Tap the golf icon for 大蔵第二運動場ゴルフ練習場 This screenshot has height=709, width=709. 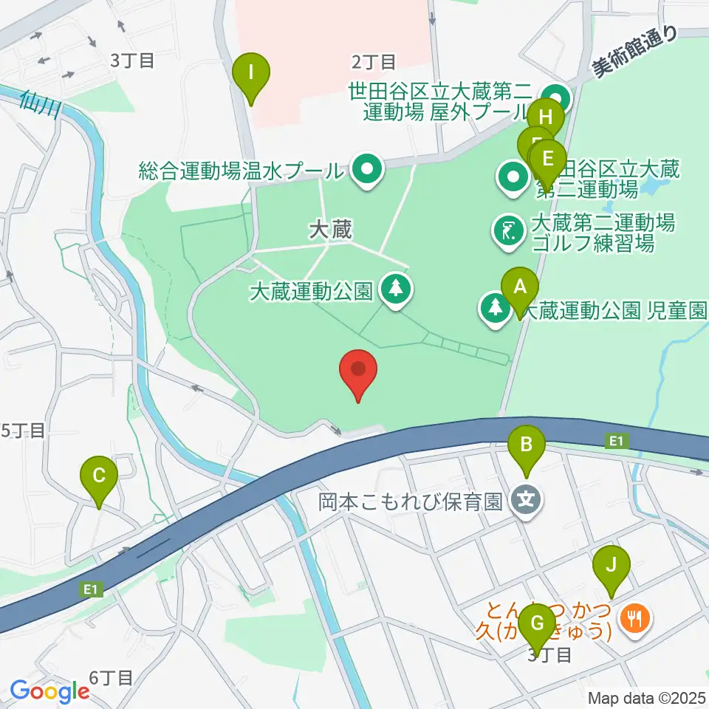click(x=507, y=231)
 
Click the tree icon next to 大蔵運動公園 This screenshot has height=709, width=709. click(x=397, y=289)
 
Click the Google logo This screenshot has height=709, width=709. click(x=49, y=691)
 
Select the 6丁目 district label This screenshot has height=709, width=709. click(x=110, y=677)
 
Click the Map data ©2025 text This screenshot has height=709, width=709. click(x=648, y=697)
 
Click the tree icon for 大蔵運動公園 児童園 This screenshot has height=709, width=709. click(x=493, y=309)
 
